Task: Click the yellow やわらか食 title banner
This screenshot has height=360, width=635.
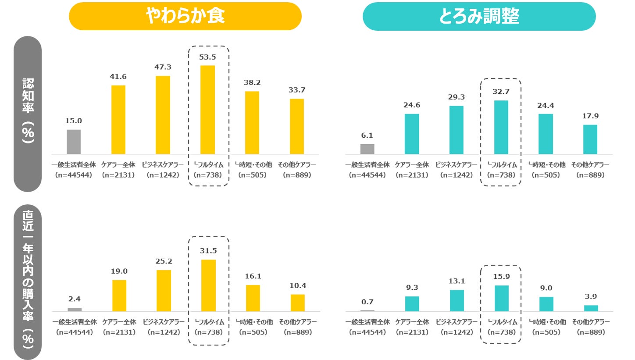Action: click(185, 16)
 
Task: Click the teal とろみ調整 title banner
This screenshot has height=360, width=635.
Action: click(479, 16)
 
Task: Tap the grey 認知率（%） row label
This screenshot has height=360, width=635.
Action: click(28, 114)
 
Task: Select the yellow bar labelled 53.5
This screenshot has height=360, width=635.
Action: click(208, 110)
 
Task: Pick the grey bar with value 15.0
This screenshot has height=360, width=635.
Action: click(74, 142)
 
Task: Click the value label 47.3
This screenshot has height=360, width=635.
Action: click(163, 67)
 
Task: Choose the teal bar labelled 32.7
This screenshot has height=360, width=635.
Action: click(501, 127)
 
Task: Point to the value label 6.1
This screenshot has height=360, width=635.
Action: click(367, 135)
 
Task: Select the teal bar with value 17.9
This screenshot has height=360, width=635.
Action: click(590, 139)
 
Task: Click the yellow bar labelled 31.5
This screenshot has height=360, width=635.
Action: click(208, 285)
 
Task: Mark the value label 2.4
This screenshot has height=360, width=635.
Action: click(74, 299)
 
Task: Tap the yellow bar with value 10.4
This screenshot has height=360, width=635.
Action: click(297, 303)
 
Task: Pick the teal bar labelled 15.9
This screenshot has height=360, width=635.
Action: click(502, 298)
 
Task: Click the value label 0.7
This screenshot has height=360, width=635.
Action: click(367, 302)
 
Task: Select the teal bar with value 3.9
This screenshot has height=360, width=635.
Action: click(591, 308)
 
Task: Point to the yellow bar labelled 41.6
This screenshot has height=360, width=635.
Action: click(118, 120)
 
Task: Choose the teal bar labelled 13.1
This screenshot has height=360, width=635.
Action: click(457, 300)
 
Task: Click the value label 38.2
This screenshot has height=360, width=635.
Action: click(252, 82)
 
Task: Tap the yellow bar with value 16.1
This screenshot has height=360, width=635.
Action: click(253, 298)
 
